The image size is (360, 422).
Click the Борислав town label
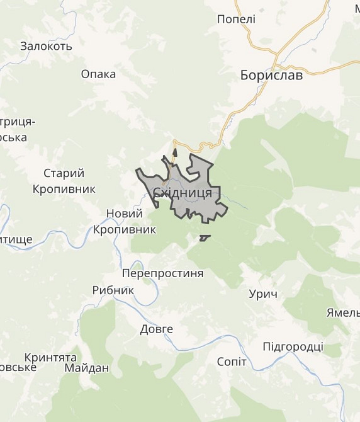pos(271,76)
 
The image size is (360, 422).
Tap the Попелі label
pos(236,20)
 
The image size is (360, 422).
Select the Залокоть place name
pos(46,46)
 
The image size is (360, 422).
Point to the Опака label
pos(98,74)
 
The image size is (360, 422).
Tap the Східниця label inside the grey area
pos(183,193)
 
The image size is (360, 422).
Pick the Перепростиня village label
pos(162,273)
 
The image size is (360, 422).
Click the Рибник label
pos(113,290)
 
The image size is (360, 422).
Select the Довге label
pos(156,329)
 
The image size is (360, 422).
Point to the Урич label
pos(263,294)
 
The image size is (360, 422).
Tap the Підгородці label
pos(293,346)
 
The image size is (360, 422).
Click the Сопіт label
pos(231,362)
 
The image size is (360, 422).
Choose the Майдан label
pos(86,368)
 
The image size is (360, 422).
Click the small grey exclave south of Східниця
pos(205,237)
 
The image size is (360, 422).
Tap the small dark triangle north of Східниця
pos(175,152)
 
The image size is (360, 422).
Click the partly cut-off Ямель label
pos(343,313)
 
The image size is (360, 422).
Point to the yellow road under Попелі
pos(252,39)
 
